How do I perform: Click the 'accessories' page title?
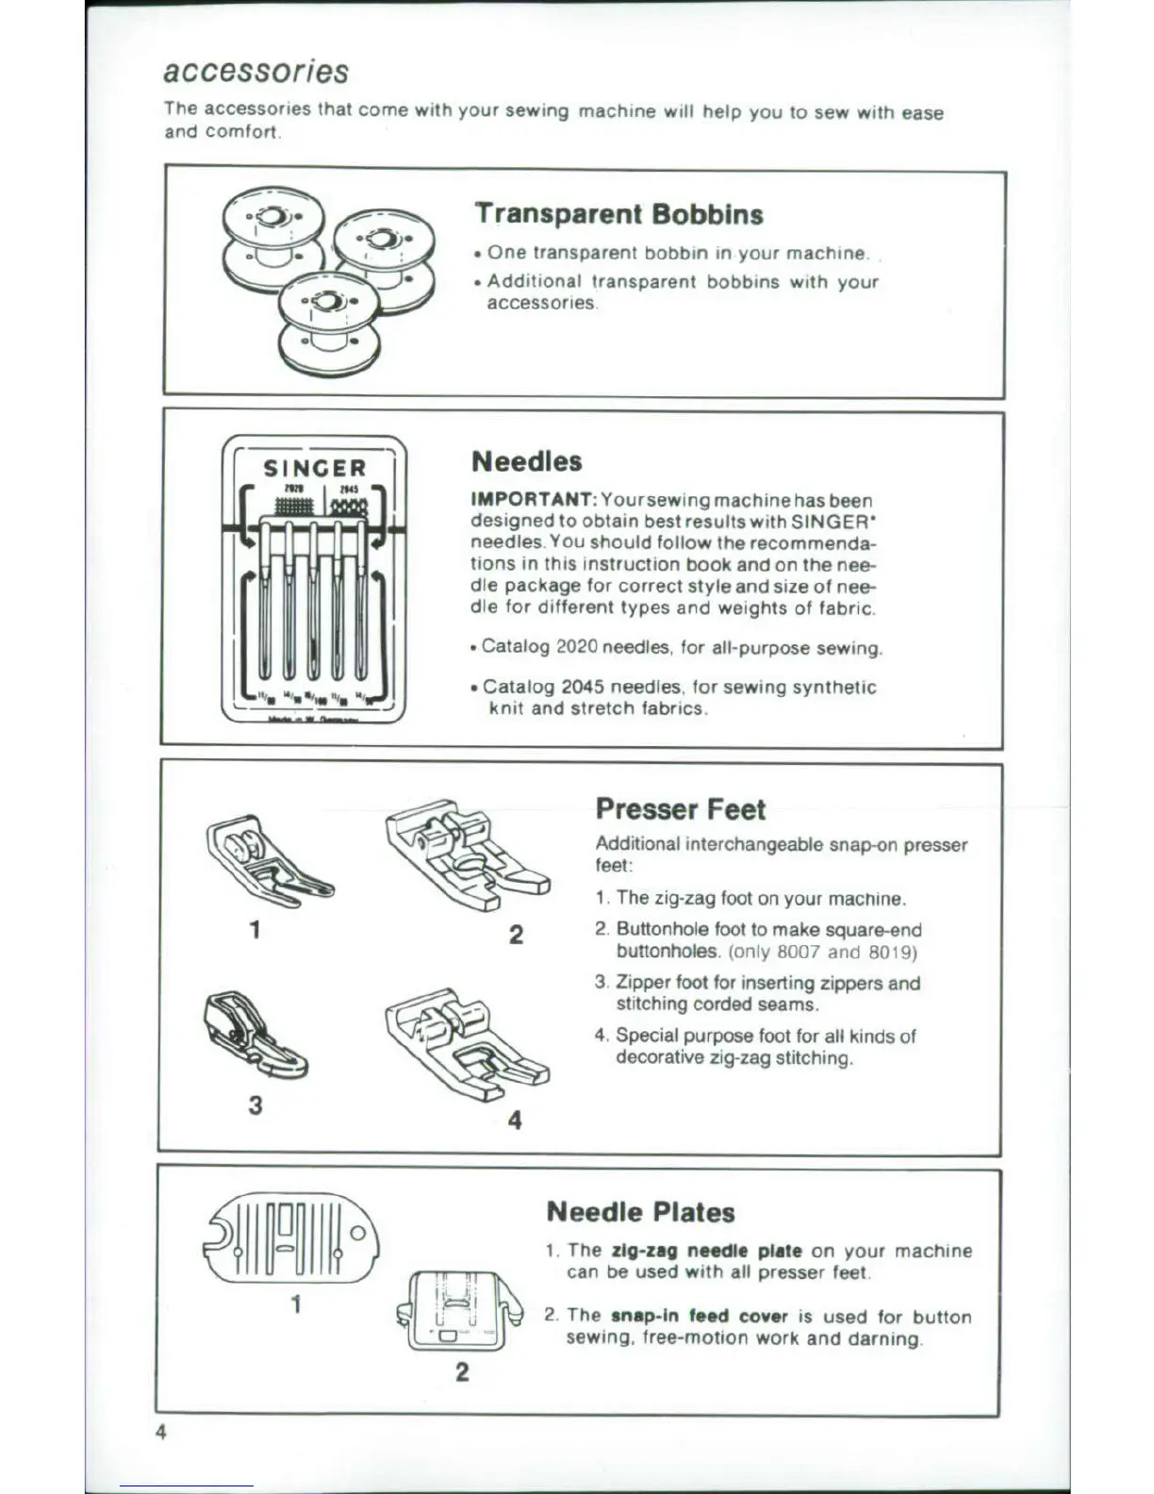coord(256,72)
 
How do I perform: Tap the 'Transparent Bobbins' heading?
coord(618,214)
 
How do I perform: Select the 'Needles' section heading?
coord(526,461)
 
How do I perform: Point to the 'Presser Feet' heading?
coord(680,809)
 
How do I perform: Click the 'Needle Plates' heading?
coord(640,1212)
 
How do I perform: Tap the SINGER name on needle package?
coord(314,469)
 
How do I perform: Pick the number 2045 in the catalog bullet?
coord(582,688)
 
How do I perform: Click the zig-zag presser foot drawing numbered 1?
coord(266,858)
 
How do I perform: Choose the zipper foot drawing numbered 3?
coord(253,1034)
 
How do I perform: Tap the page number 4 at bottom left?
coord(161,1432)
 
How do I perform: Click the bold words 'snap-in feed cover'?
coord(699,1316)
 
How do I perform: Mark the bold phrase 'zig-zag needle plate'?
coord(707,1251)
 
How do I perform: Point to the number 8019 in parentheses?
coord(891,952)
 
